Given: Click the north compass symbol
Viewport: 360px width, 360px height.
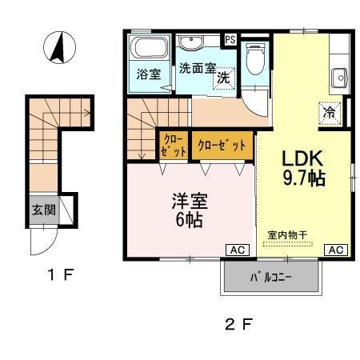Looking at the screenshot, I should [x=57, y=47].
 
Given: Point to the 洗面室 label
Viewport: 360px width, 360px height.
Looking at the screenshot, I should [x=197, y=68].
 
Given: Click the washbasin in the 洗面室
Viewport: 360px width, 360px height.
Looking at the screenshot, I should [x=192, y=43].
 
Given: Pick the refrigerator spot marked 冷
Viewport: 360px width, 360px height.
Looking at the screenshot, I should [x=330, y=113].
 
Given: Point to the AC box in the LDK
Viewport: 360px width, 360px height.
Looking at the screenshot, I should [x=335, y=250].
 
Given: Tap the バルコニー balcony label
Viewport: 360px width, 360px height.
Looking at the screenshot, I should [x=271, y=278].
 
